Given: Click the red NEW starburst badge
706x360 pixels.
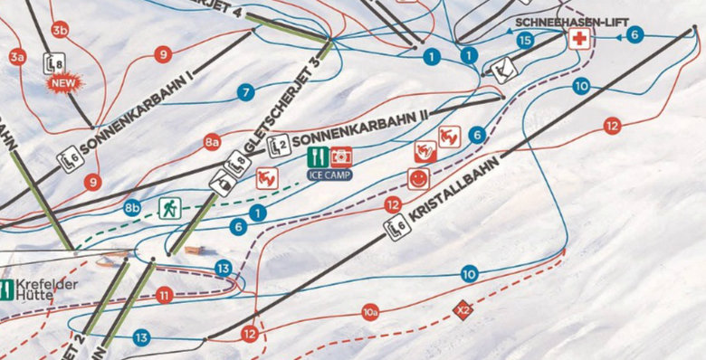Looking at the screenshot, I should pyautogui.click(x=64, y=82).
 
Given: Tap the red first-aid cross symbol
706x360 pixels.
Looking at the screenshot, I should pyautogui.click(x=579, y=39).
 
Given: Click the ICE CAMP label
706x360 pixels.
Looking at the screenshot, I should pyautogui.click(x=329, y=174).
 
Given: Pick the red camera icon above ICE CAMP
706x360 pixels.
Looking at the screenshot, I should pyautogui.click(x=340, y=156).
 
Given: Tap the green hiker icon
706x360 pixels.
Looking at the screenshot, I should pyautogui.click(x=169, y=209).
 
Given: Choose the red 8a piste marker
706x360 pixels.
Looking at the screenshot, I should pyautogui.click(x=213, y=142).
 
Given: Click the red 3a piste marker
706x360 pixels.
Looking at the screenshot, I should pyautogui.click(x=17, y=57).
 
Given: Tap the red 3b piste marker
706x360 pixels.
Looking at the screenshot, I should pyautogui.click(x=61, y=31).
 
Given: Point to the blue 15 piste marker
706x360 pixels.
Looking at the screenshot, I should pyautogui.click(x=525, y=40).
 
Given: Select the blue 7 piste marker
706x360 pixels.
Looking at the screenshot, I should pyautogui.click(x=244, y=92).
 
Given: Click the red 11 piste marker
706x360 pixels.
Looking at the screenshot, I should pyautogui.click(x=164, y=295).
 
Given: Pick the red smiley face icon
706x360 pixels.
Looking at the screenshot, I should pyautogui.click(x=417, y=178).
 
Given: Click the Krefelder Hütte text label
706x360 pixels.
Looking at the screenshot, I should pyautogui.click(x=40, y=290).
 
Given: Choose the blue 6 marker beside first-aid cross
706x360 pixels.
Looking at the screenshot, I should pyautogui.click(x=634, y=34).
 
